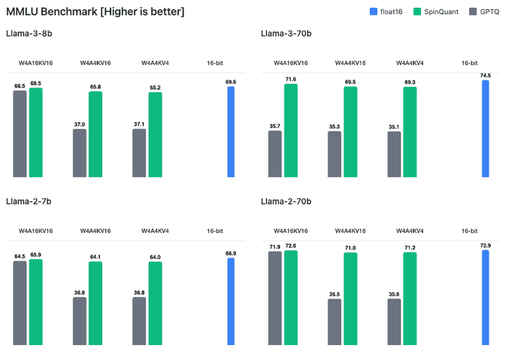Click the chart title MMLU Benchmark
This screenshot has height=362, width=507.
[x=96, y=12]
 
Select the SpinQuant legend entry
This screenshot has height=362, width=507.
[x=442, y=12]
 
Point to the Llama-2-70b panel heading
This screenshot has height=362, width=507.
[x=286, y=202]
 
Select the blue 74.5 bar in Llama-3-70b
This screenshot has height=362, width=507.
[x=485, y=128]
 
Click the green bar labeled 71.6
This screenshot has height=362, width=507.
[x=291, y=131]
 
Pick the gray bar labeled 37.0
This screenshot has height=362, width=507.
[x=80, y=153]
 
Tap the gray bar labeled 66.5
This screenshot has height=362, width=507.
[x=20, y=134]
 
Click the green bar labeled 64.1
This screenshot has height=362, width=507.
[x=95, y=303]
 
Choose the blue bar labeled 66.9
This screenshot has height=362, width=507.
[x=231, y=301]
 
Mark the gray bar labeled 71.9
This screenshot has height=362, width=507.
[x=275, y=298]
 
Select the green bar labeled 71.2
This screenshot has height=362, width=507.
[x=410, y=299]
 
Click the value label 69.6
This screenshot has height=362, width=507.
[x=231, y=82]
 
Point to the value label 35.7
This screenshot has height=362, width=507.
[x=275, y=126]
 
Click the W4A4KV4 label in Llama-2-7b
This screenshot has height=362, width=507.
[x=154, y=231]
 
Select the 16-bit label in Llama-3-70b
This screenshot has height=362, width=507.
[x=470, y=63]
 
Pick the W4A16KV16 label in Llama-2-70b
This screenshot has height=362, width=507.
[x=291, y=231]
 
